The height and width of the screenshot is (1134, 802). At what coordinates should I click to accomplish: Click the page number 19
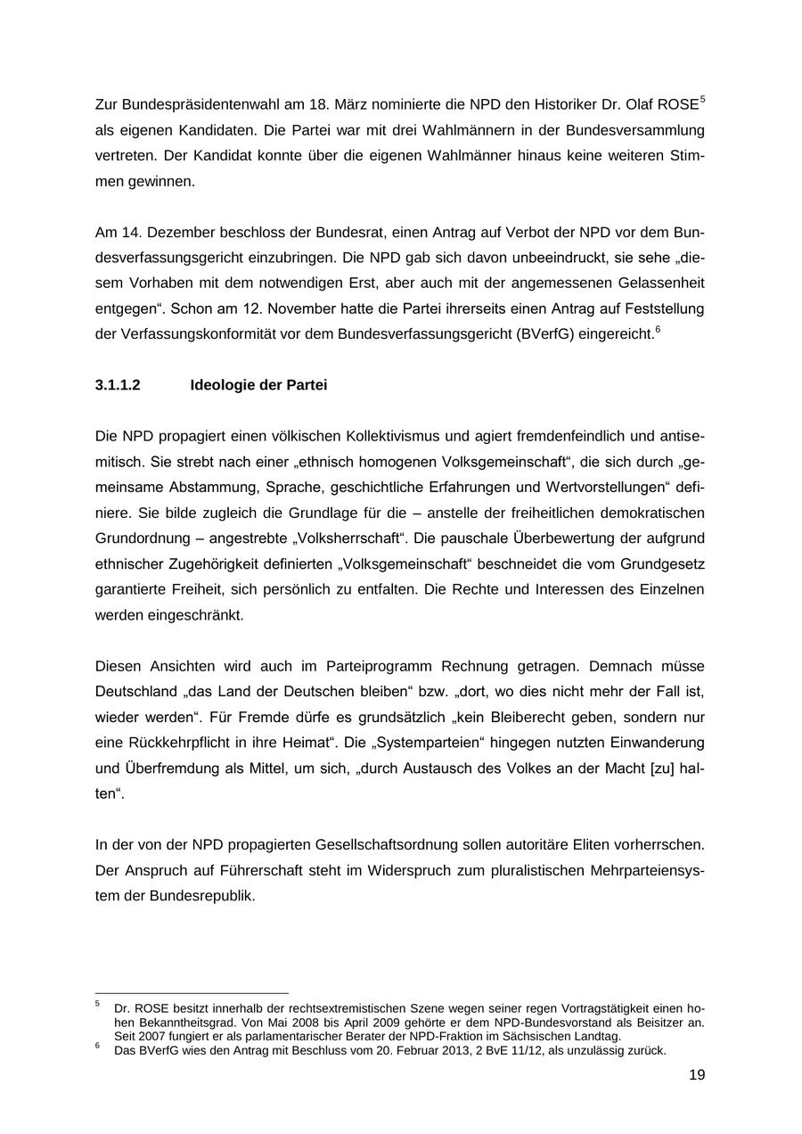[x=696, y=1075]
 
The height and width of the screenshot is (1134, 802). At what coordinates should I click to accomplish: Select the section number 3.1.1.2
[x=118, y=385]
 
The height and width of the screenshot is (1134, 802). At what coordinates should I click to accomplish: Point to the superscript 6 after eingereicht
[x=658, y=330]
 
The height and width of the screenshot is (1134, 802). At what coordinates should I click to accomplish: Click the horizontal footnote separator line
[x=192, y=992]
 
